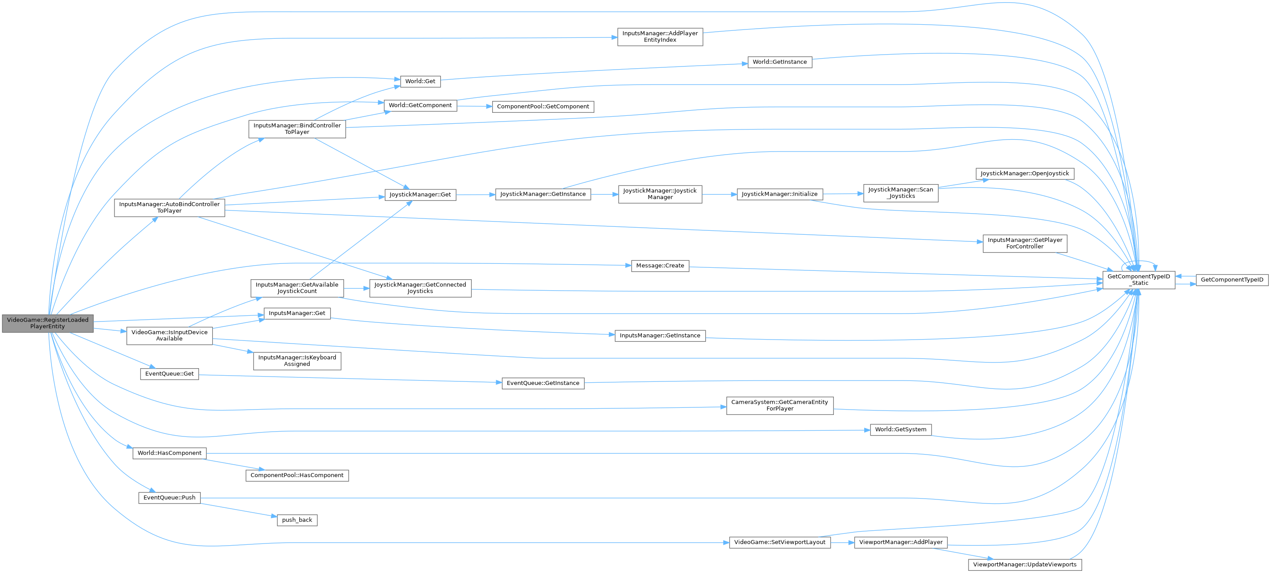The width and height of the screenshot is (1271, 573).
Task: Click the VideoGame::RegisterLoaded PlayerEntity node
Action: pyautogui.click(x=48, y=323)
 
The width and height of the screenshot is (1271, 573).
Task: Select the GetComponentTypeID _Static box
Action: pyautogui.click(x=1138, y=280)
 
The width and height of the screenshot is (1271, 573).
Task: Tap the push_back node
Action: pyautogui.click(x=297, y=520)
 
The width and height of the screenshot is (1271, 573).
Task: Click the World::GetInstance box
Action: pyautogui.click(x=780, y=62)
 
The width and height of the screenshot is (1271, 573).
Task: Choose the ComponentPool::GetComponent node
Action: pyautogui.click(x=543, y=107)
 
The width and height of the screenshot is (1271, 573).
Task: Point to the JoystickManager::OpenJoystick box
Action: pyautogui.click(x=1024, y=174)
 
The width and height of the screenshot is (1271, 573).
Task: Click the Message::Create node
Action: pyautogui.click(x=659, y=266)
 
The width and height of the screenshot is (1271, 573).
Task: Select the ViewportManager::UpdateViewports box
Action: pyautogui.click(x=1024, y=565)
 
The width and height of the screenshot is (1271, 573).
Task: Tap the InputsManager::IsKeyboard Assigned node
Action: pyautogui.click(x=297, y=361)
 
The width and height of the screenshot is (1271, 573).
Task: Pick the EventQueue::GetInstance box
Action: pyautogui.click(x=543, y=383)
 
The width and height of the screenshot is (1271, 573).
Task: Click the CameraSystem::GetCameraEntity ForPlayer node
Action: pyautogui.click(x=780, y=405)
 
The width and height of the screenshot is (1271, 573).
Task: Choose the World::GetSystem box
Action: pyautogui.click(x=900, y=429)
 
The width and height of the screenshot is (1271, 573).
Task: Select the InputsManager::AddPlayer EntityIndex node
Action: pyautogui.click(x=659, y=37)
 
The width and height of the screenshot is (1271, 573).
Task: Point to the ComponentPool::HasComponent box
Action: pyautogui.click(x=297, y=475)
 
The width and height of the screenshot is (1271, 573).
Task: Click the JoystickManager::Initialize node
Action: pyautogui.click(x=780, y=194)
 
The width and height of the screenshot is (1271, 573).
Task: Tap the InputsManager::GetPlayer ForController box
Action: pyautogui.click(x=1024, y=243)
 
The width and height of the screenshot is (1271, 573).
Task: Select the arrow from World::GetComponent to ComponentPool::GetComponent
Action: pyautogui.click(x=474, y=106)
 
